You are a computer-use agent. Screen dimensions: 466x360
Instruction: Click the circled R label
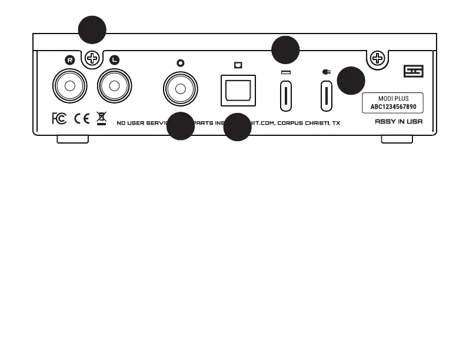[70, 59]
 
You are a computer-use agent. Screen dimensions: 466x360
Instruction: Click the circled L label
[114, 59]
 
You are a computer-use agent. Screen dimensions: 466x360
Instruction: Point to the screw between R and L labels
[92, 58]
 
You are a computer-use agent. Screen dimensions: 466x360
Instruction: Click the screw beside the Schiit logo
[376, 58]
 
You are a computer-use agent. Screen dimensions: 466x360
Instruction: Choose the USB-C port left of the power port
[285, 96]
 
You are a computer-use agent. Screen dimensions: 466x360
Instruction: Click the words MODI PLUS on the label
[392, 99]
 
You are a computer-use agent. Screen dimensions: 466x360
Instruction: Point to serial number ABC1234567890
[392, 107]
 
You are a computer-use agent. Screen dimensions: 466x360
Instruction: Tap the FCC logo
[59, 118]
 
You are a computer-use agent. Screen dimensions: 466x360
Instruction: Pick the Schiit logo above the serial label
[414, 72]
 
